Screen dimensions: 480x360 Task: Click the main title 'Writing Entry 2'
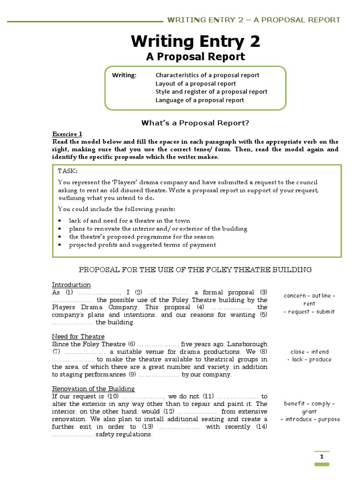pos(195,42)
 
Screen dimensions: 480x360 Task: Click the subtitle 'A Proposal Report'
pos(195,57)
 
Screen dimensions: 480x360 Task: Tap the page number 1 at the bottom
pos(322,457)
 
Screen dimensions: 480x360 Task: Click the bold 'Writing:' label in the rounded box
pos(124,75)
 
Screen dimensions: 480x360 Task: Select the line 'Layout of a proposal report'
pos(195,83)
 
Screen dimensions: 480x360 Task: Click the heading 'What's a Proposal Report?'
pos(195,123)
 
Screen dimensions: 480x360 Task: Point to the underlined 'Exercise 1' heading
pos(67,134)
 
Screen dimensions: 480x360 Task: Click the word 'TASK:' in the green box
pos(68,172)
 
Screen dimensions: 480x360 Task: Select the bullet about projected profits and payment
pos(142,245)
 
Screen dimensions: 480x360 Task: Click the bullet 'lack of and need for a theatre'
pos(129,220)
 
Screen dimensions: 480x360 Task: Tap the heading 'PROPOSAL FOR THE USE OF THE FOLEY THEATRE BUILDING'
pos(195,270)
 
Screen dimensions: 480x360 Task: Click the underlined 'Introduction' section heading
pos(71,285)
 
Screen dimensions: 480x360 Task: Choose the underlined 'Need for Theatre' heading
pos(78,337)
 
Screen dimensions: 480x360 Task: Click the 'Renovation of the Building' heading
pos(93,389)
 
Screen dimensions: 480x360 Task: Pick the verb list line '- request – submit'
pos(309,312)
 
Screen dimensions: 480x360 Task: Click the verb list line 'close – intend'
pos(309,352)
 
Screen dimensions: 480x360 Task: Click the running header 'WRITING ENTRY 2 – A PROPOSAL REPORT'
pos(254,20)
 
